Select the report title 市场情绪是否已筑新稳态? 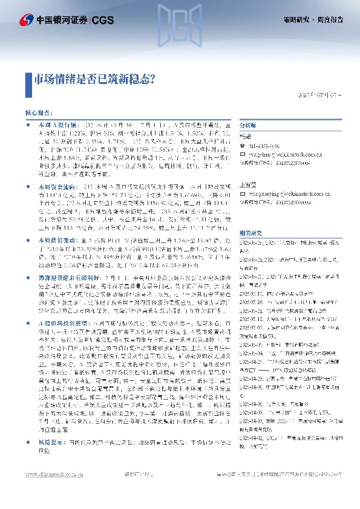(96, 78)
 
